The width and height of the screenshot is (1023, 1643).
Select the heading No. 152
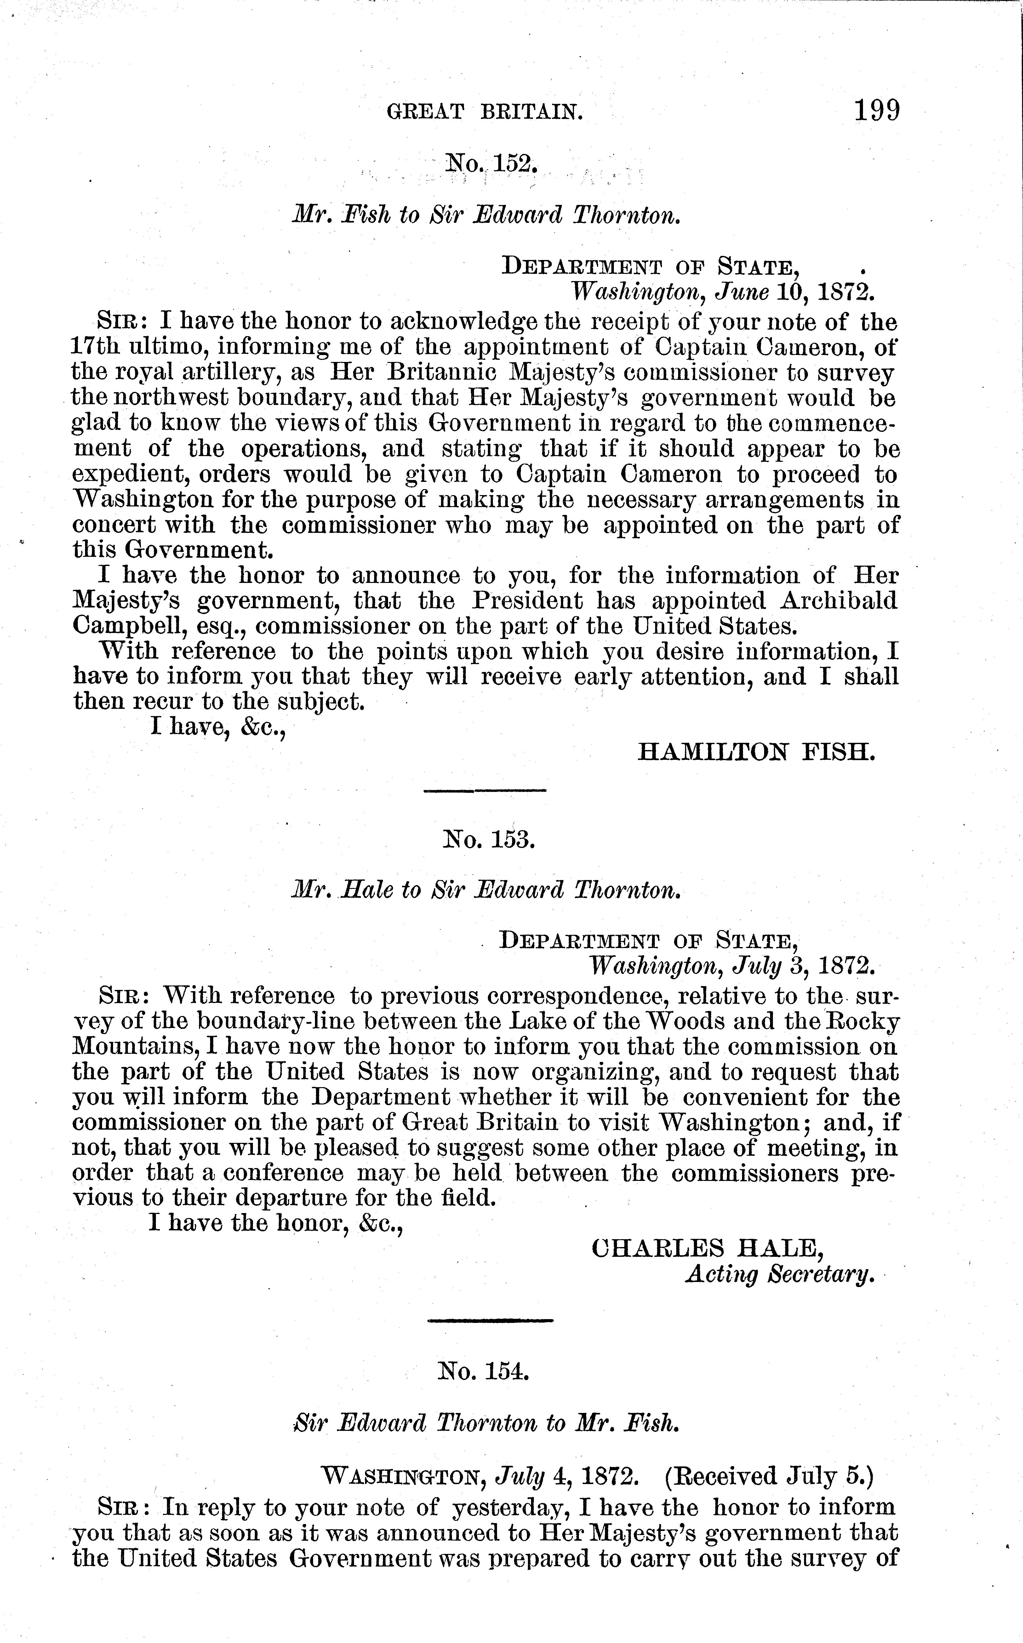pyautogui.click(x=490, y=163)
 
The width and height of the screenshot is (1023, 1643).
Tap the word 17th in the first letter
pyautogui.click(x=95, y=347)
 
